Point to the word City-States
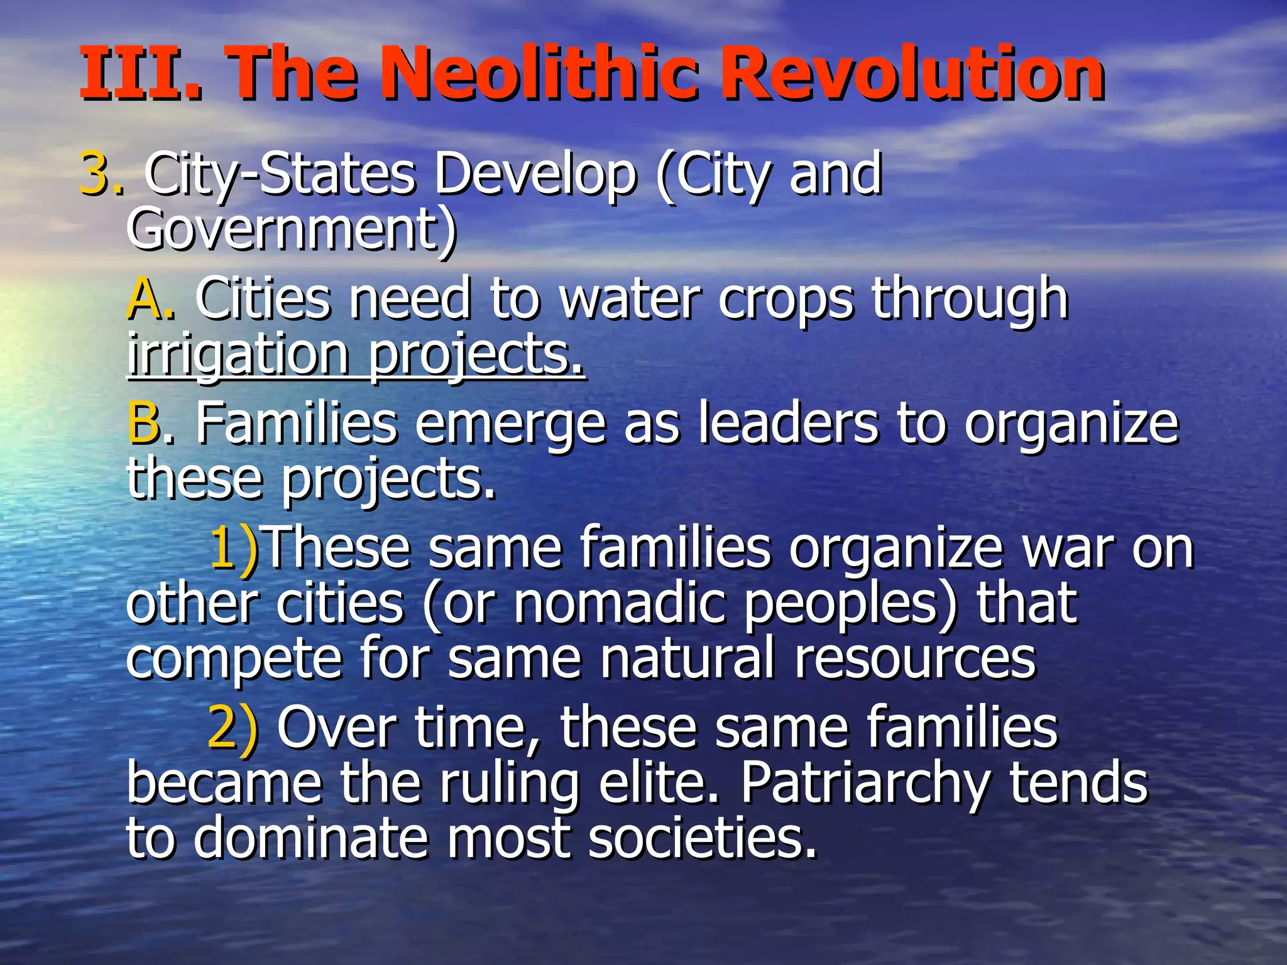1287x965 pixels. [x=280, y=176]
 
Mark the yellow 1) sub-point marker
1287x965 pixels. [x=233, y=548]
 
